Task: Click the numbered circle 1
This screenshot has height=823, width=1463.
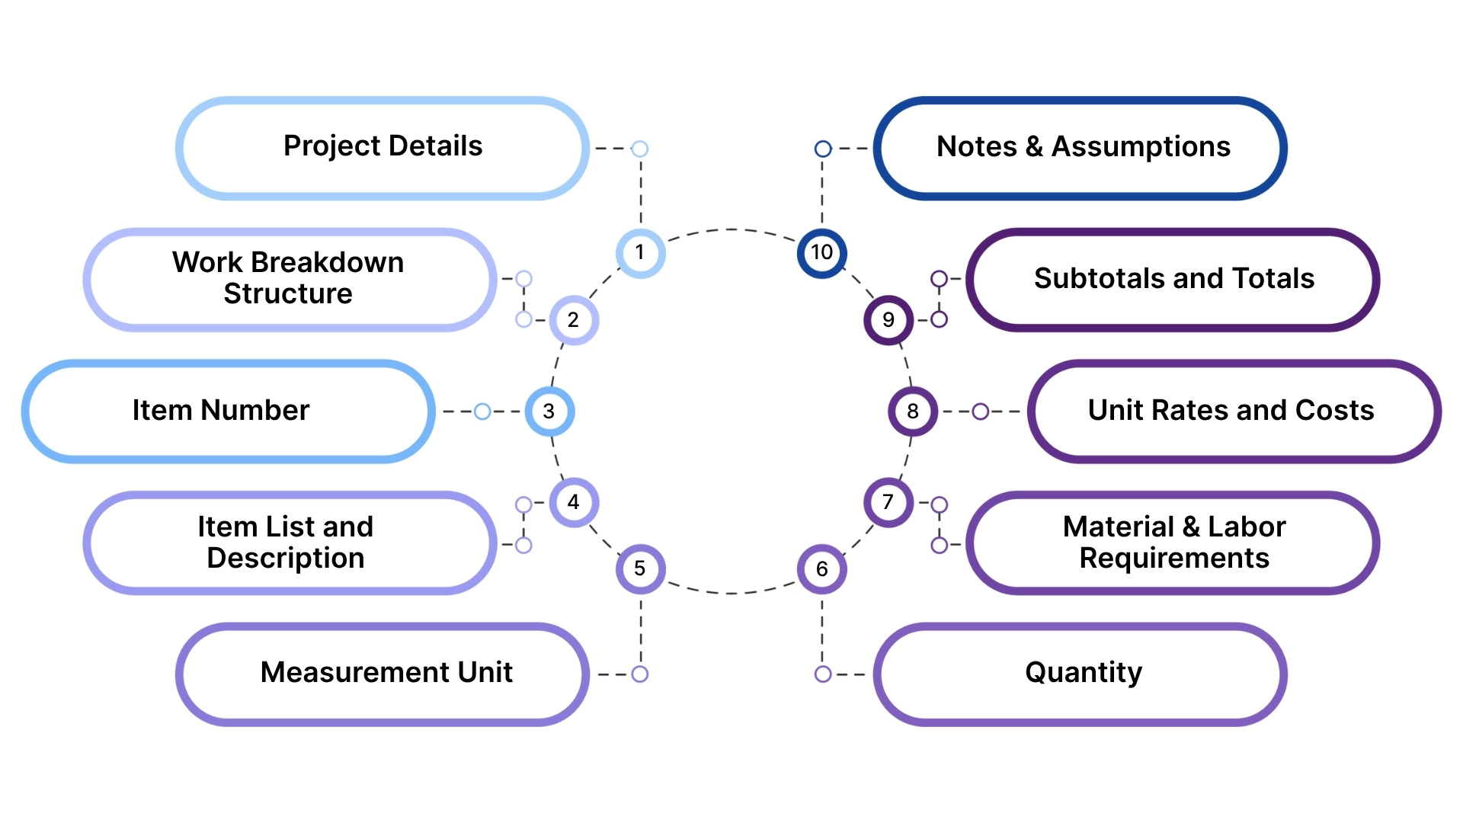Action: pyautogui.click(x=640, y=252)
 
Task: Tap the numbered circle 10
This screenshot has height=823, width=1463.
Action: pyautogui.click(x=821, y=252)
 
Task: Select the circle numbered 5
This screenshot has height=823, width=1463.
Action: pyautogui.click(x=640, y=568)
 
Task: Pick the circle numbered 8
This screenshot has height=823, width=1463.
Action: pyautogui.click(x=912, y=411)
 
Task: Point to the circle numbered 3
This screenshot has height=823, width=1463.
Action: pyautogui.click(x=549, y=411)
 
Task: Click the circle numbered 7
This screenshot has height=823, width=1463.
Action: pyautogui.click(x=888, y=502)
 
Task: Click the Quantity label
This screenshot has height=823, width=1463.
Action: pyautogui.click(x=1083, y=673)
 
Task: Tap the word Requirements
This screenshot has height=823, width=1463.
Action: pyautogui.click(x=1174, y=559)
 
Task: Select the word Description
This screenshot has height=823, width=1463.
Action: pyautogui.click(x=285, y=559)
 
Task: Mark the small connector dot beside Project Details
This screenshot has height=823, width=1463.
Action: pyautogui.click(x=640, y=149)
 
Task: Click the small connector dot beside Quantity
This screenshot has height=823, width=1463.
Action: pyautogui.click(x=822, y=674)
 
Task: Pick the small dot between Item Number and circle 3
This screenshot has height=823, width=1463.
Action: pyautogui.click(x=482, y=411)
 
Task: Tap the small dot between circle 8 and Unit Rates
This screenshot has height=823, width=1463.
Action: pyautogui.click(x=981, y=411)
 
